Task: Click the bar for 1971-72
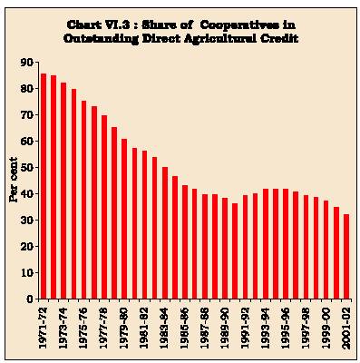(x=44, y=186)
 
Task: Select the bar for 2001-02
(x=346, y=257)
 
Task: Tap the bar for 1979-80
(x=124, y=219)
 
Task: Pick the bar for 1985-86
(x=185, y=242)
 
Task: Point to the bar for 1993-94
(x=266, y=244)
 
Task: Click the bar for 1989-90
(x=225, y=249)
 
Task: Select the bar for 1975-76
(x=84, y=200)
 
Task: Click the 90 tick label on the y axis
(x=27, y=63)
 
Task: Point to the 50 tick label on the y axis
(x=27, y=168)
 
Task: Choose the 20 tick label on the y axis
(x=27, y=247)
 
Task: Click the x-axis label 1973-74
(x=63, y=328)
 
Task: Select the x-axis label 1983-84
(x=165, y=328)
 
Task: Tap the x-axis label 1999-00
(x=326, y=328)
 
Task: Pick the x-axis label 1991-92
(x=246, y=328)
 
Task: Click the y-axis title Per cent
(x=14, y=180)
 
